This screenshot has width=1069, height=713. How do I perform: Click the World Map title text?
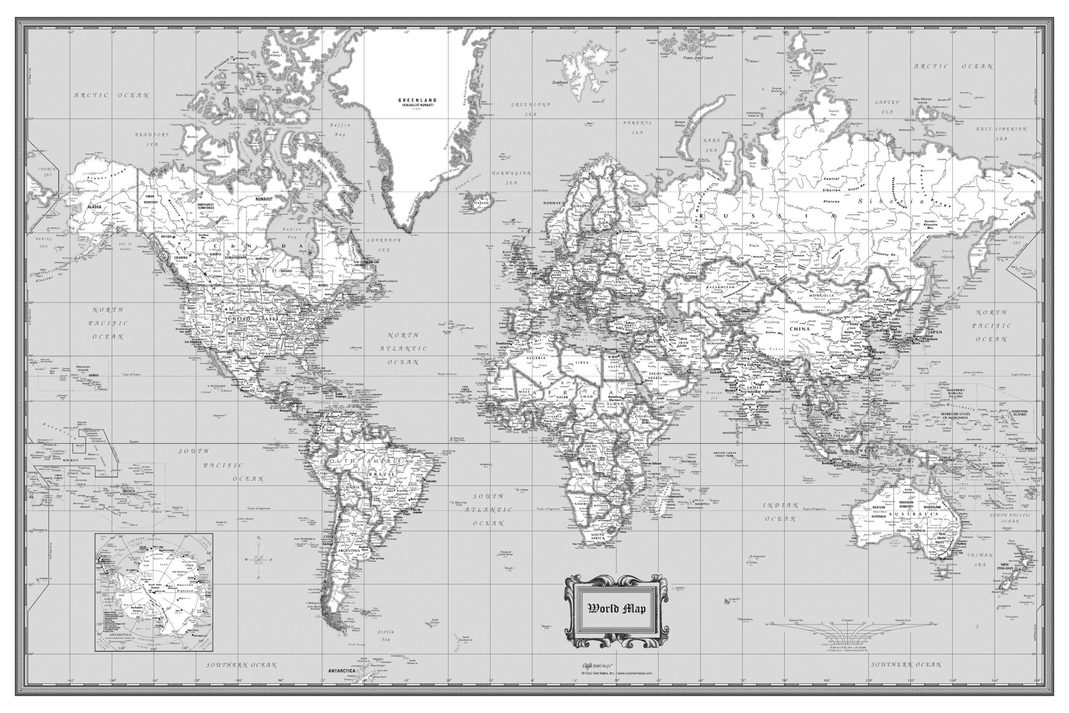[x=616, y=609]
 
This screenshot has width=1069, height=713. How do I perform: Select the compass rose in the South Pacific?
[x=259, y=560]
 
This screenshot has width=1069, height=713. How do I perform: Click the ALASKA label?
[x=94, y=206]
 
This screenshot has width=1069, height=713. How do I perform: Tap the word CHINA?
[x=800, y=329]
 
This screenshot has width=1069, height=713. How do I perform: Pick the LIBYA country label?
[x=582, y=363]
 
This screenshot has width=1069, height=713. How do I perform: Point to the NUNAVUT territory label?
[x=263, y=199]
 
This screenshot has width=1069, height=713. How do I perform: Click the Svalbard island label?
[x=560, y=83]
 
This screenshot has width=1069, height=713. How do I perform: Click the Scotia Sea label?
[x=385, y=635]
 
